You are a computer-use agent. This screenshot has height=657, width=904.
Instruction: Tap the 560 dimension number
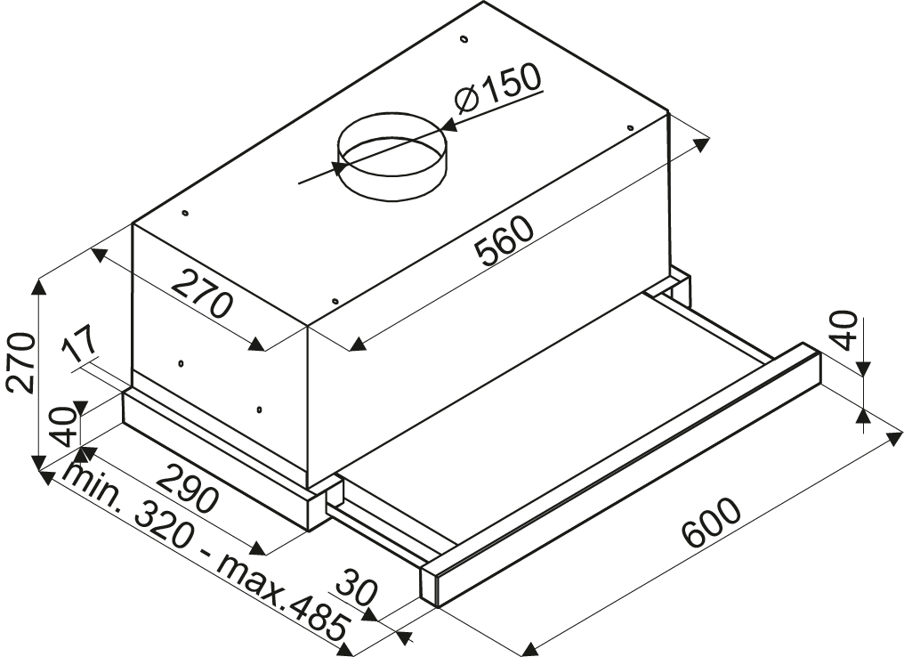[504, 240]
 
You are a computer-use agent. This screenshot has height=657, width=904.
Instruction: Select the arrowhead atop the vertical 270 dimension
[38, 287]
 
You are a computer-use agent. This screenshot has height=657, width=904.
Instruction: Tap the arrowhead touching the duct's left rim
[339, 166]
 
